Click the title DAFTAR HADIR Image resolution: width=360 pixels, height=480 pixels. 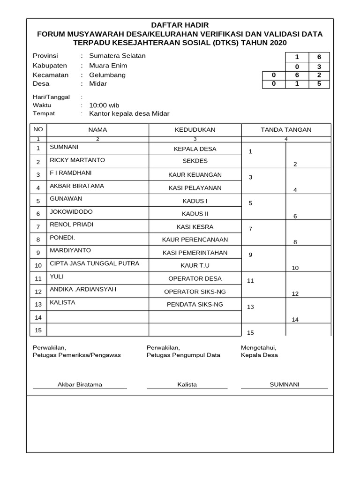tap(180, 25)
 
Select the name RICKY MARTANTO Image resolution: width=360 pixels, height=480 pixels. tap(77, 160)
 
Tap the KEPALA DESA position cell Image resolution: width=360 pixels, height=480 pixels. tap(195, 149)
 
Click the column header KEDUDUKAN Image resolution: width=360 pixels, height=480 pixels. tap(195, 130)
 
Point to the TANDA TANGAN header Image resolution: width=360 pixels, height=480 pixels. tap(286, 130)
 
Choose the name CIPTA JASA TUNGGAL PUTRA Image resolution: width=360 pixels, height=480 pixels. tap(95, 263)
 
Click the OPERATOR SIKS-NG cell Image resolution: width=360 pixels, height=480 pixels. tap(195, 292)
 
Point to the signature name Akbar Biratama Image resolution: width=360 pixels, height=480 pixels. tap(80, 385)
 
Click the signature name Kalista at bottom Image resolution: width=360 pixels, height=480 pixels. tap(187, 385)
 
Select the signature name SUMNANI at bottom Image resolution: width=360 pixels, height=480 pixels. tap(284, 385)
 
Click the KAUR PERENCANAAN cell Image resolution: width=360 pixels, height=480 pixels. tap(195, 240)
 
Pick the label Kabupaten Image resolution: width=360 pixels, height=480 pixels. tap(50, 66)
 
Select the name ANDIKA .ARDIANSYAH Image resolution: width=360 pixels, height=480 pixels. tap(83, 290)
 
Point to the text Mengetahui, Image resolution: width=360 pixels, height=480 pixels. tap(258, 348)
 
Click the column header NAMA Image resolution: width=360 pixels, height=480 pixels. tap(97, 130)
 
